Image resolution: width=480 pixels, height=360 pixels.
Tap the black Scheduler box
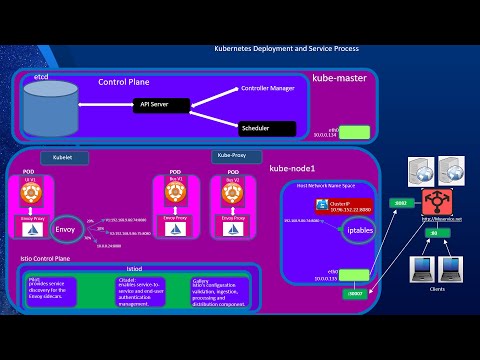(269, 128)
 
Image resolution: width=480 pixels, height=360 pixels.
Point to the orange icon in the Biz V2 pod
(236, 192)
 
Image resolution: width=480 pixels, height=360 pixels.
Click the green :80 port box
(433, 233)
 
